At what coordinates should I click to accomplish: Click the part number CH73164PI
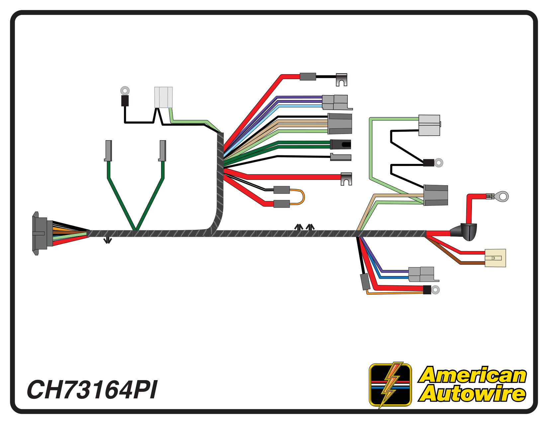(92, 390)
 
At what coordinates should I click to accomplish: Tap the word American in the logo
(473, 375)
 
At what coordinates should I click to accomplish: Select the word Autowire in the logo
(472, 394)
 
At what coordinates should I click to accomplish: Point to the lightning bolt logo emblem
(390, 385)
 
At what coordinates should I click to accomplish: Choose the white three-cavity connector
(163, 97)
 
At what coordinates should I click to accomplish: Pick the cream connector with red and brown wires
(495, 258)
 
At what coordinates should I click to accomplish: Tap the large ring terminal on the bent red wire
(503, 197)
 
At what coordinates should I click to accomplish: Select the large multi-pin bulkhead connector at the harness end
(42, 233)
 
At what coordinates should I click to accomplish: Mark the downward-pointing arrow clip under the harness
(107, 240)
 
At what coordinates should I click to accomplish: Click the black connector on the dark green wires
(341, 145)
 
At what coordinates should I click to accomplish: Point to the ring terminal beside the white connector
(125, 90)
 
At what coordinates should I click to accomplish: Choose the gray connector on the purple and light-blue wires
(335, 102)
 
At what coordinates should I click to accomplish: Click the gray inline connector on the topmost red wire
(308, 77)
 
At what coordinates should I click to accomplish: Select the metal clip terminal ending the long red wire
(346, 179)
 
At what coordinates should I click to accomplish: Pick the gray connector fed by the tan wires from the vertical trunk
(340, 123)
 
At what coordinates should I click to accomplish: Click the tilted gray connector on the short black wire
(365, 282)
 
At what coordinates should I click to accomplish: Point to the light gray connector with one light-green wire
(429, 125)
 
